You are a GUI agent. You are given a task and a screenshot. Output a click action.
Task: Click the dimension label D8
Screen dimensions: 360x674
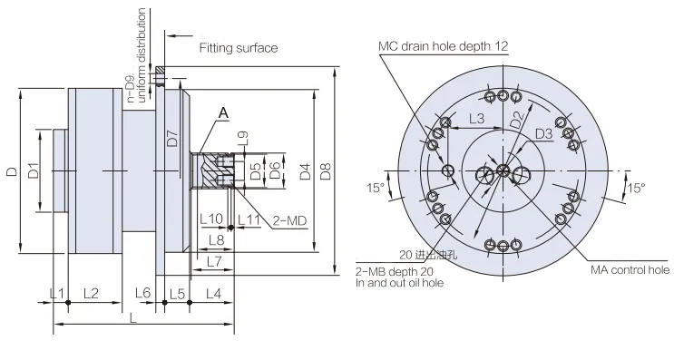pos(327,169)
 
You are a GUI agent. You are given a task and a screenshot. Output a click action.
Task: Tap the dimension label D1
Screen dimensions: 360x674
pos(32,170)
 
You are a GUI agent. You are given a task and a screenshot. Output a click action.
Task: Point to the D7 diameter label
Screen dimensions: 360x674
pos(171,138)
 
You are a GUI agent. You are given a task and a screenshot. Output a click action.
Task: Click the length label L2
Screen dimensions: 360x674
pos(92,293)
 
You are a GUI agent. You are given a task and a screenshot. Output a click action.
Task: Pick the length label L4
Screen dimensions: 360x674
pos(213,293)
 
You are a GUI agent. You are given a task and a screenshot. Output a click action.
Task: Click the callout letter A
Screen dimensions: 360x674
pos(221,112)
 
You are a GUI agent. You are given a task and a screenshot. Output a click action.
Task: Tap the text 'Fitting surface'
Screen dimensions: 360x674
pos(238,47)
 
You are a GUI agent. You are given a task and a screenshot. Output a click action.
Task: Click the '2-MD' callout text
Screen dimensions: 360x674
pos(289,219)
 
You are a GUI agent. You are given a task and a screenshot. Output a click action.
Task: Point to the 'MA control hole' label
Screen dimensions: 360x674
pos(629,269)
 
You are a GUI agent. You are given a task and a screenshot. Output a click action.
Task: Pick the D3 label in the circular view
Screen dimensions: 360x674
pos(543,134)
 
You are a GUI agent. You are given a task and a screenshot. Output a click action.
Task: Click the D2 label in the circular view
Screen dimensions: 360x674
pos(516,118)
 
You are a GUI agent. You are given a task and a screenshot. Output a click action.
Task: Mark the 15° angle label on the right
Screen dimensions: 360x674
pos(635,188)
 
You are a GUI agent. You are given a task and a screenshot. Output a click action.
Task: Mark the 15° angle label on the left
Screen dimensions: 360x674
pos(375,188)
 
